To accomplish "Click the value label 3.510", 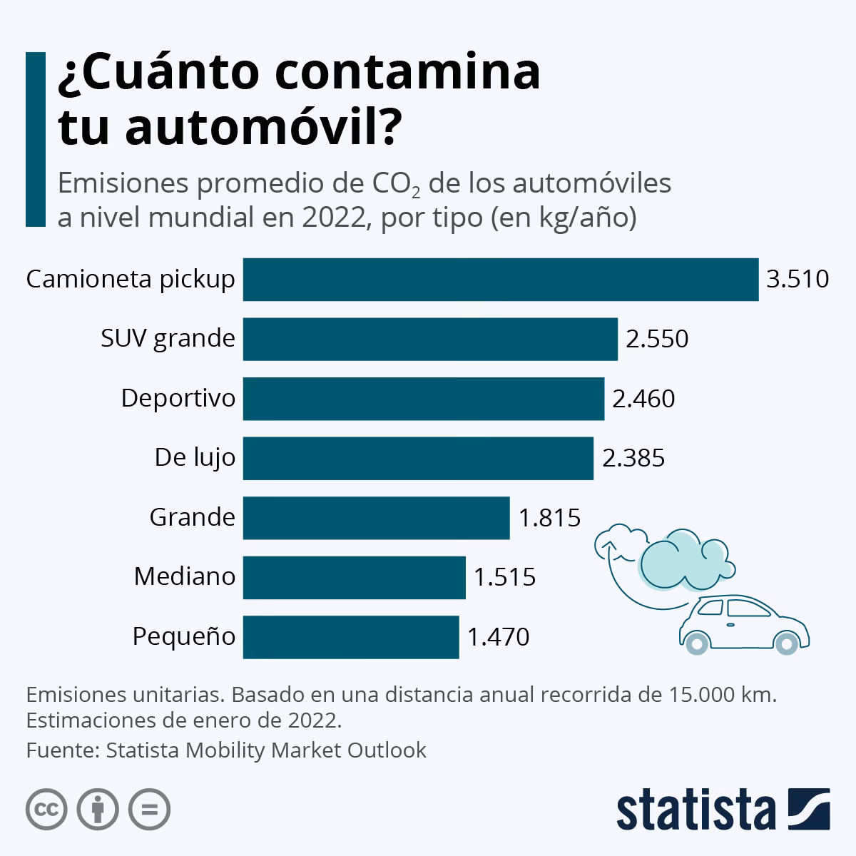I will (798, 279).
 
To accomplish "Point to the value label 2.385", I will (633, 458).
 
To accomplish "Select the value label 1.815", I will (550, 517).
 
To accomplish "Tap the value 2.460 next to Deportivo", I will (643, 398).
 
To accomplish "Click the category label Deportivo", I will (178, 398).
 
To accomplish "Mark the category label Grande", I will (192, 517).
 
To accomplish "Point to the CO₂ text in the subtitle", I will (396, 185).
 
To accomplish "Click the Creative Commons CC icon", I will (47, 810).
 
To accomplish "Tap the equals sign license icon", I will (150, 810).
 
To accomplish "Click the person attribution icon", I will (98, 810).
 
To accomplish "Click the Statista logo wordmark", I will (696, 810).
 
